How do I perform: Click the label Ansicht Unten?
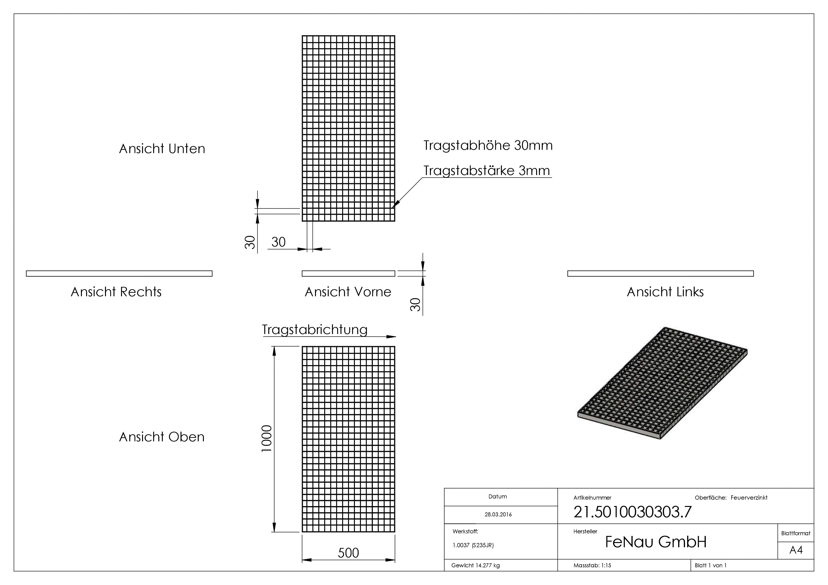(162, 149)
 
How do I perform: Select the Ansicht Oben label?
(162, 437)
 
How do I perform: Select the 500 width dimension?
(348, 552)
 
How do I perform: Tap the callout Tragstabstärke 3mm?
(487, 171)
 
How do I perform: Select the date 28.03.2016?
(498, 514)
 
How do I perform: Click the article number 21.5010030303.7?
(633, 512)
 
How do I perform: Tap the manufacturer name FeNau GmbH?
(656, 542)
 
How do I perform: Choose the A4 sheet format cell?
(796, 550)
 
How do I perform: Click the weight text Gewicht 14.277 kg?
(475, 565)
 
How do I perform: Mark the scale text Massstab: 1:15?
(592, 565)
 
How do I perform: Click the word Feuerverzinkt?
(749, 498)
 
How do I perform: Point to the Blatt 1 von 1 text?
(710, 565)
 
